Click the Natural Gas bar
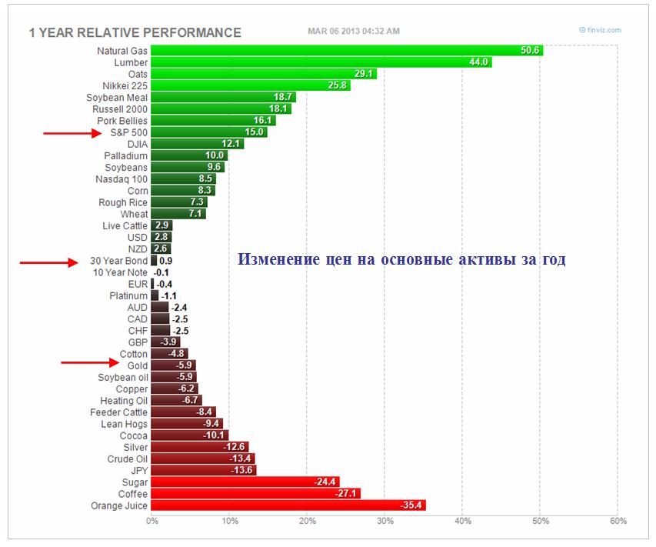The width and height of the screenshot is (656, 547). (x=346, y=51)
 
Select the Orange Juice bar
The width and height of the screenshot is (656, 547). (x=288, y=505)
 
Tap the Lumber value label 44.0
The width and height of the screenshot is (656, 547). (x=479, y=62)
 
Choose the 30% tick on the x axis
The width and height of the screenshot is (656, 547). (x=385, y=521)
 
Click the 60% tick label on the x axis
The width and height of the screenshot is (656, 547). (x=618, y=521)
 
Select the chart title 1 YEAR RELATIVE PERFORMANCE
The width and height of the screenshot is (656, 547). (x=135, y=33)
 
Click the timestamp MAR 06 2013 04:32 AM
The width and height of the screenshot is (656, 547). (x=353, y=31)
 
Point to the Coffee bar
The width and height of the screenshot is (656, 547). (x=255, y=493)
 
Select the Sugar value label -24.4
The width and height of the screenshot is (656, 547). (x=326, y=482)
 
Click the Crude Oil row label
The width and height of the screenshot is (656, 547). (x=128, y=459)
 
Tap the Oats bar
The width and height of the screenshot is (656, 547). (x=264, y=74)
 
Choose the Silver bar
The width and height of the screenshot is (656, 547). (x=200, y=447)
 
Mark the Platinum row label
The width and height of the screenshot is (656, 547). (x=128, y=295)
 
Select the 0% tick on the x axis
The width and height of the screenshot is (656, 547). (x=152, y=521)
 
